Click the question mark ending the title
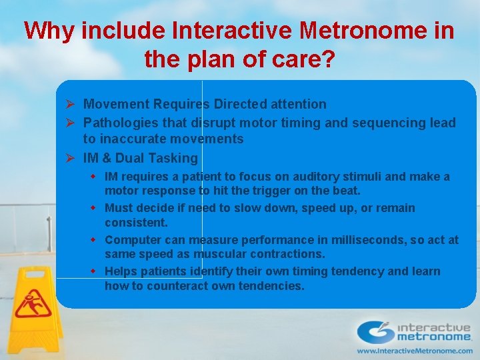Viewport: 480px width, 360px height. [x=327, y=60]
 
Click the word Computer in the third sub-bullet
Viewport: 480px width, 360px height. [x=130, y=239]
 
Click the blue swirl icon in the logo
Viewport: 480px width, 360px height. [x=376, y=331]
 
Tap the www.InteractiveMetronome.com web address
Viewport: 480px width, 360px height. [x=415, y=351]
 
